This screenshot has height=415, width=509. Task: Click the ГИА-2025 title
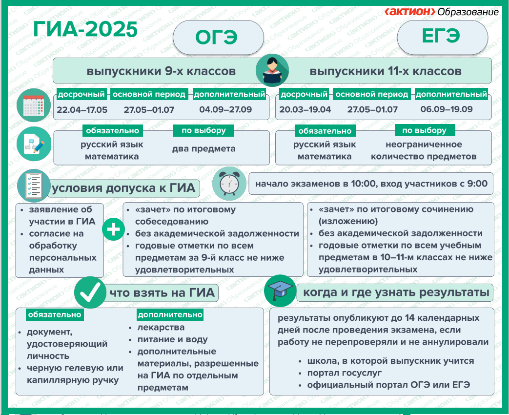click(x=85, y=30)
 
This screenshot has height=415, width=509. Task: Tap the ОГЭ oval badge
click(x=218, y=37)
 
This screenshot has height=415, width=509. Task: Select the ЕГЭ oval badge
click(x=442, y=37)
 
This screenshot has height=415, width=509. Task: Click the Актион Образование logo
click(x=442, y=12)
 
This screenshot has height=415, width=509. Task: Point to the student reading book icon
click(x=272, y=70)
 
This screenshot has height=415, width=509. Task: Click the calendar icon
click(x=34, y=105)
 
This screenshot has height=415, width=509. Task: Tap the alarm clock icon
click(x=229, y=184)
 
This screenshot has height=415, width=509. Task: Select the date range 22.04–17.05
click(x=82, y=110)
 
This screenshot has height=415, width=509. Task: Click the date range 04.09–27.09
click(x=225, y=109)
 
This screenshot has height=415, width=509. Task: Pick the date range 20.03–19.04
click(x=305, y=109)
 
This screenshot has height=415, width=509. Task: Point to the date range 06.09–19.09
click(x=447, y=109)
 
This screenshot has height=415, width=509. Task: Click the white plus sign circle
click(x=113, y=229)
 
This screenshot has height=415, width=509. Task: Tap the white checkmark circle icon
click(x=90, y=292)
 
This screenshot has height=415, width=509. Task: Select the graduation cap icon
click(x=280, y=290)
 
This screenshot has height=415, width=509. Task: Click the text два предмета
click(x=204, y=149)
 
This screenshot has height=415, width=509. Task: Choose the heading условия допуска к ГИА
click(x=123, y=188)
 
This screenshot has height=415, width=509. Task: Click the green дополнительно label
click(x=170, y=314)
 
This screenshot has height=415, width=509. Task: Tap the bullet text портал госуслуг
click(x=345, y=373)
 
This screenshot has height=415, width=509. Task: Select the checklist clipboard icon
click(x=34, y=186)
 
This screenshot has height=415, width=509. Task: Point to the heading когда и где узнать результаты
click(x=396, y=292)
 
